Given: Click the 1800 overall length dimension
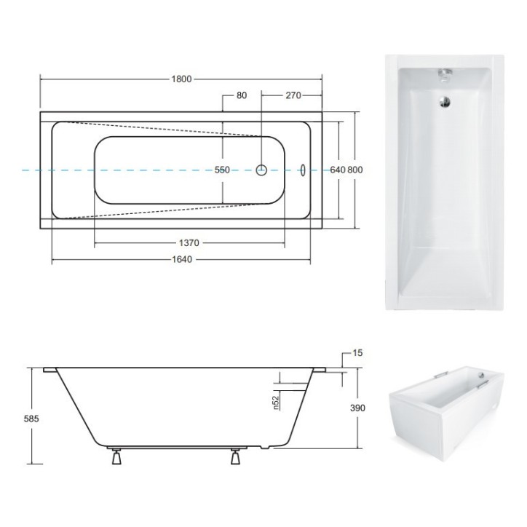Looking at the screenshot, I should tap(183, 79).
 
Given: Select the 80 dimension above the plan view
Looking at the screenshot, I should tap(242, 95).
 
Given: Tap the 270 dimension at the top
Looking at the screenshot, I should tap(293, 95).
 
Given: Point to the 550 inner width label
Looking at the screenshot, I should tap(222, 170).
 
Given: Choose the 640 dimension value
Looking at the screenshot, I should tap(337, 170).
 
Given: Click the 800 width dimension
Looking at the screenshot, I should tap(355, 170).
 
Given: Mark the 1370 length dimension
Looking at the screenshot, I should tap(189, 242).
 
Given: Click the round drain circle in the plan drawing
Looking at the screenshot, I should tap(261, 170).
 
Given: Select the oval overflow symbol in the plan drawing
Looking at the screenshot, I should tap(304, 170).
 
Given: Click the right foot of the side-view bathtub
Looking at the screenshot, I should tap(236, 458).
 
